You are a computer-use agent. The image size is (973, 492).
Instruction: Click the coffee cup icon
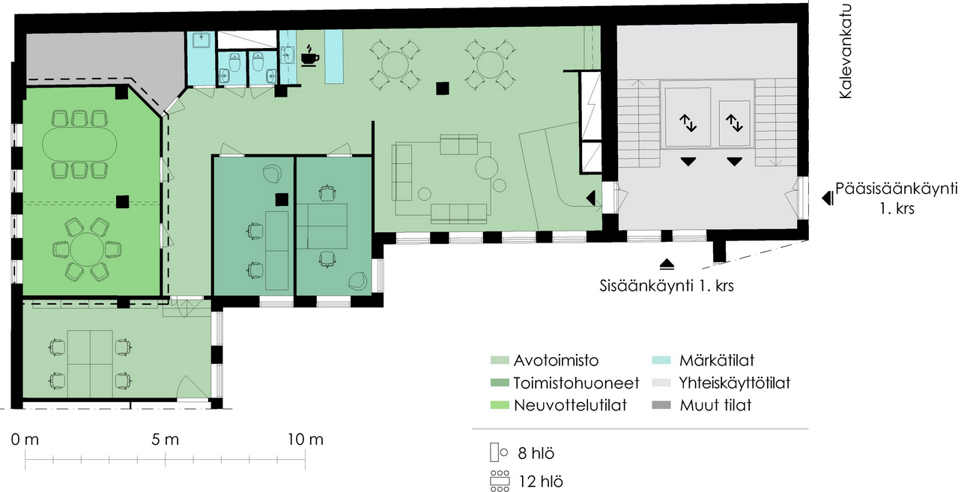click(x=310, y=55)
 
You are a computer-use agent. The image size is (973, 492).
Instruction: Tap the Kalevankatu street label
click(x=846, y=51)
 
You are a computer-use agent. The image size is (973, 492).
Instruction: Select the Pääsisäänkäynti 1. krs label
click(x=897, y=198)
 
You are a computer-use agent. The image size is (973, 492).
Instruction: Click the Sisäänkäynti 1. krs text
click(x=667, y=286)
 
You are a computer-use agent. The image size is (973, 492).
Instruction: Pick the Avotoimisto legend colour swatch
click(x=500, y=360)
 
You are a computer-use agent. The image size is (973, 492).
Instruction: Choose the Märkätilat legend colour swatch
click(x=661, y=360)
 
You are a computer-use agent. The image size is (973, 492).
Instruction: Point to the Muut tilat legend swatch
click(x=661, y=404)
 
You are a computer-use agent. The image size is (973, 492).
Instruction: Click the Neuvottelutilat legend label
click(x=570, y=404)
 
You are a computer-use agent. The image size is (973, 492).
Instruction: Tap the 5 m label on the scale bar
click(x=165, y=440)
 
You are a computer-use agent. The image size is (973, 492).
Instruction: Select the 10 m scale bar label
click(x=306, y=440)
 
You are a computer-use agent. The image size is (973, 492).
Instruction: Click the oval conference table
click(x=79, y=145)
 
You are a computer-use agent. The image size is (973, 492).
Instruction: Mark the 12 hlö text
click(x=541, y=482)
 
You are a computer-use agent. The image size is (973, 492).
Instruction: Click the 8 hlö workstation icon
click(x=499, y=452)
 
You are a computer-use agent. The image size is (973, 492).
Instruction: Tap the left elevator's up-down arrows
click(x=688, y=123)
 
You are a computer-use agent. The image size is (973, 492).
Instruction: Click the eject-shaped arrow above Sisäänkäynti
click(x=667, y=264)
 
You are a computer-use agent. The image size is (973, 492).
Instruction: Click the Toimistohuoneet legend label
click(x=577, y=383)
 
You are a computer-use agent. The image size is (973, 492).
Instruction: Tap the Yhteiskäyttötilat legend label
click(x=735, y=383)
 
